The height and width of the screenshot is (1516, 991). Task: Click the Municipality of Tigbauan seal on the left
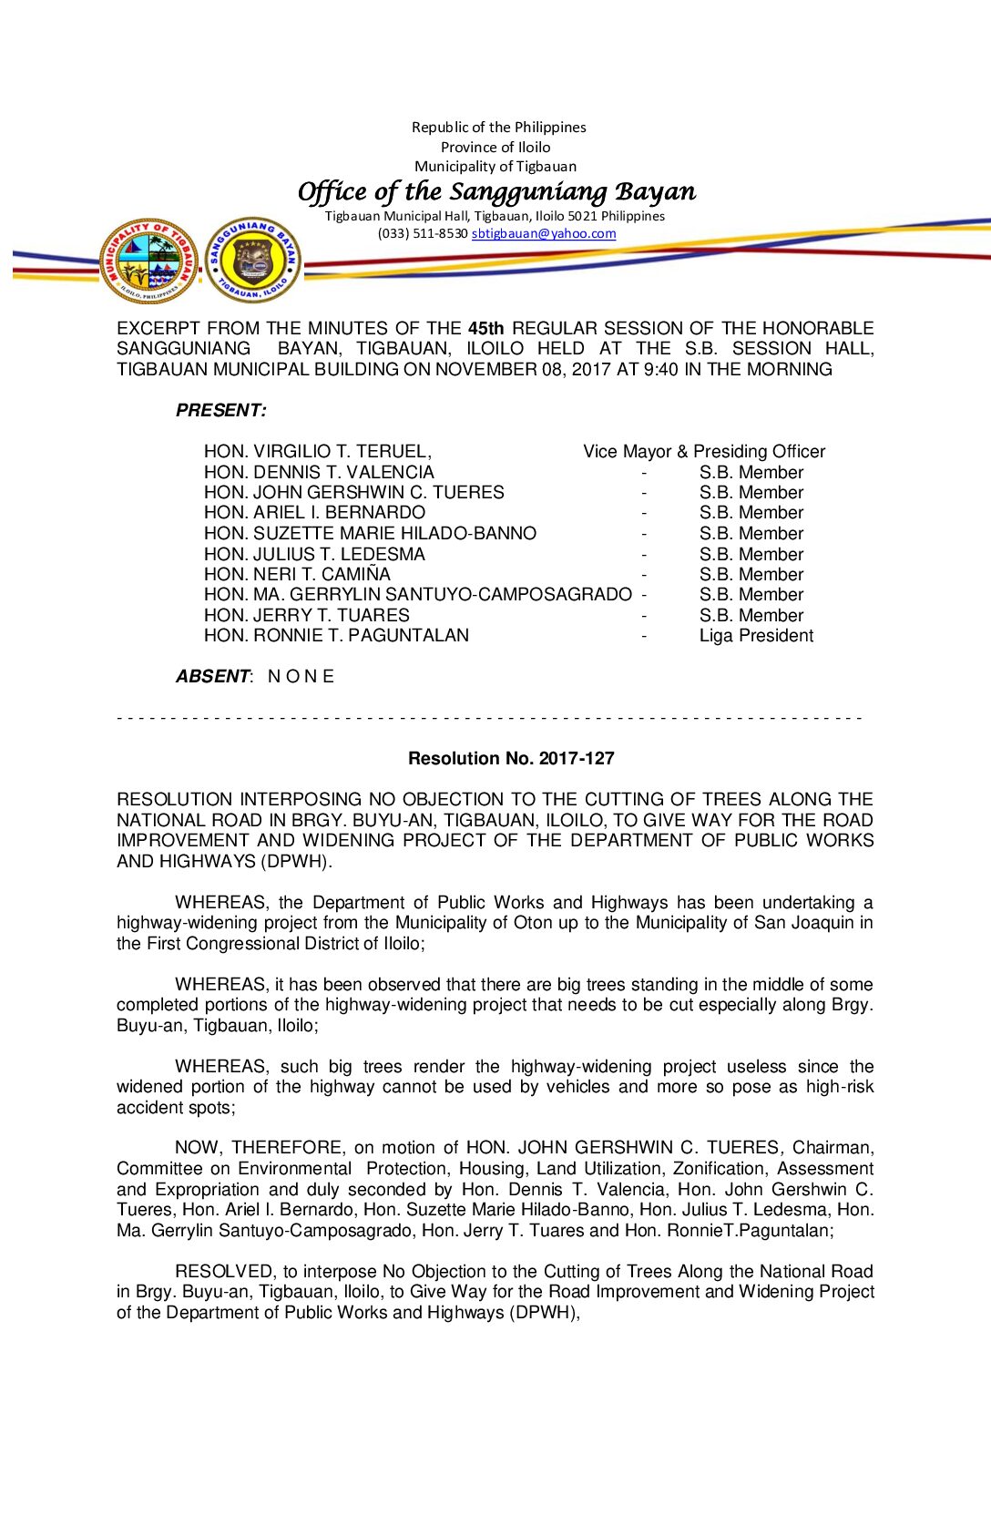coord(148,261)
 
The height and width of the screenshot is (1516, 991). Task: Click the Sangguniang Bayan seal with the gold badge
coord(252,261)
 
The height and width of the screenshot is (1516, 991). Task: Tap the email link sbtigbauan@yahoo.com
coord(543,233)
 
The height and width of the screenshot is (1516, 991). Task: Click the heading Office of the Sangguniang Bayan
coord(496,191)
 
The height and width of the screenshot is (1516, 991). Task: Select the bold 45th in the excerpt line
coord(485,328)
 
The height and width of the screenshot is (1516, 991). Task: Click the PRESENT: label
coord(221,411)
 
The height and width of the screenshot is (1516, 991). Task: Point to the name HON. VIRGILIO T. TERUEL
coord(317,452)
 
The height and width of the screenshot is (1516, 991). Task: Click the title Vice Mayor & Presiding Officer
coord(704,452)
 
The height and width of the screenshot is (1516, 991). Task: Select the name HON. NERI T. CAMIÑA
coord(297,575)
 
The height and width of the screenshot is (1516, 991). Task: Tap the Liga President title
coord(756,636)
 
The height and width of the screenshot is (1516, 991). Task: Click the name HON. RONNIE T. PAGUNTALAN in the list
coord(336,636)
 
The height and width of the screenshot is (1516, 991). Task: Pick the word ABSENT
coord(212,677)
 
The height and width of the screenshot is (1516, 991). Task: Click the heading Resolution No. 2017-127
coord(511,758)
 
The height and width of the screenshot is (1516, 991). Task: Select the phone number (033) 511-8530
coord(423,233)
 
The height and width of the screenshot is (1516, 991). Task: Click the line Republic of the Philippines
coord(498,128)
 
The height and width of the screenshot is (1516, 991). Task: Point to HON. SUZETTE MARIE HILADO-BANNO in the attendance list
coord(370,534)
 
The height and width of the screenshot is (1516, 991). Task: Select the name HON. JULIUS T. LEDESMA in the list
coord(314,555)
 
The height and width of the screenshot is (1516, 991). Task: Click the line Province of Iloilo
coord(495,148)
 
